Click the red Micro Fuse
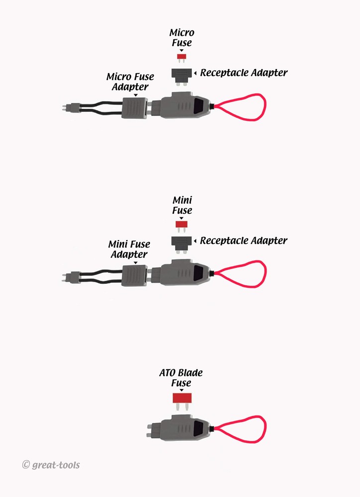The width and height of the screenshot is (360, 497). (181, 58)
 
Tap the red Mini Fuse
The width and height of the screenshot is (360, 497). (181, 226)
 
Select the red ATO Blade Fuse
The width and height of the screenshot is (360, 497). (182, 401)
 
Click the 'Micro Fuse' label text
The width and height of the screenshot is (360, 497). (182, 38)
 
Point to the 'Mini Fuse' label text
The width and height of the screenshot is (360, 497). (182, 205)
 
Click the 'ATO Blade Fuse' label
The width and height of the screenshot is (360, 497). (181, 378)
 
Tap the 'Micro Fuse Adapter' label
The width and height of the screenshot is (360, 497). (130, 82)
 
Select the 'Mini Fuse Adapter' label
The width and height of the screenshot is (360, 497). (129, 249)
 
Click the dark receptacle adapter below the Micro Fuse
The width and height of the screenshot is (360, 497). (182, 77)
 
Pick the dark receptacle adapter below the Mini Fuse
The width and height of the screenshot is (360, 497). (181, 245)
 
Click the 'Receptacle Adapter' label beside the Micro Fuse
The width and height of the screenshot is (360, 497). (244, 73)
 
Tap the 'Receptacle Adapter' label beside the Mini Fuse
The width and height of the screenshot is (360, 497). (244, 241)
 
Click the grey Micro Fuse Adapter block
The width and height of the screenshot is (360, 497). (135, 107)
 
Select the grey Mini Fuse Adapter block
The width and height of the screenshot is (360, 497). (134, 275)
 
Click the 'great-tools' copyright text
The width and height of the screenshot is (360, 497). (51, 465)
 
